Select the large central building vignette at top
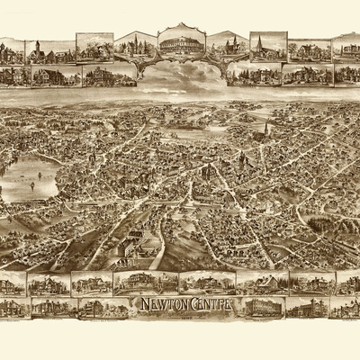coord(180,42)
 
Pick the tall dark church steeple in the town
coord(265,130)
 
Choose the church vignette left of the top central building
coord(134,46)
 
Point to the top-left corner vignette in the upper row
coord(11,51)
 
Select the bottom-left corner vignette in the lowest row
coord(13,309)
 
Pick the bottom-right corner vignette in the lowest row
coord(346,308)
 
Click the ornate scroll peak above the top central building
coord(180,24)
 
